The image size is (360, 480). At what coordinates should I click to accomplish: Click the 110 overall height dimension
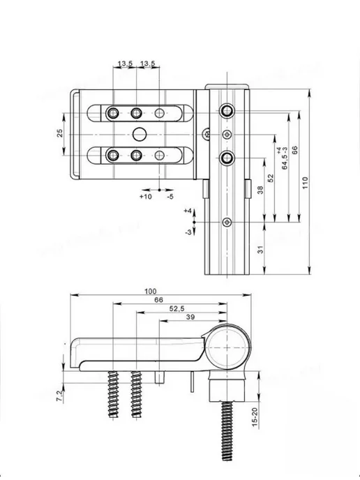(305, 183)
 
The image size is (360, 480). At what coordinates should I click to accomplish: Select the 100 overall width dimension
(150, 291)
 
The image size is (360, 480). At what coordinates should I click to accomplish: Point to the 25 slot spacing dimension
(60, 133)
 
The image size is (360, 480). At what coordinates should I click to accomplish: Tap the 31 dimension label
(260, 250)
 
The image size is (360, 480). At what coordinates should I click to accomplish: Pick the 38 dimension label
(260, 190)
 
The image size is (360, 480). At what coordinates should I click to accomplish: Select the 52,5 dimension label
(177, 309)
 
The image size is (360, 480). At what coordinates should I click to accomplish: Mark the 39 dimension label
(190, 317)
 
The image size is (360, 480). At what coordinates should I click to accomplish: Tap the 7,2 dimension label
(60, 396)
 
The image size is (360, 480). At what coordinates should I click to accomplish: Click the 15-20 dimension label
(255, 417)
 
